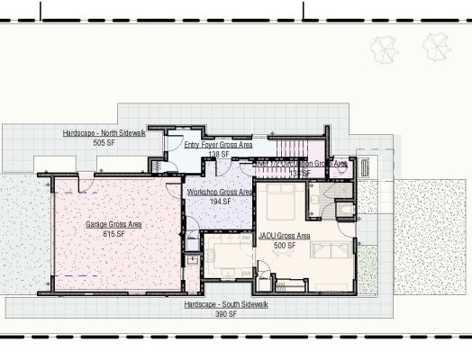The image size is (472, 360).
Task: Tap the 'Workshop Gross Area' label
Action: (x=219, y=193)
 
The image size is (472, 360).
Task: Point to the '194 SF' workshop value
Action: (x=220, y=202)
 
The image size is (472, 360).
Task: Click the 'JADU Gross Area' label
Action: (x=284, y=236)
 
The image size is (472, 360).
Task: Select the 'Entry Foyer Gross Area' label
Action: (x=218, y=144)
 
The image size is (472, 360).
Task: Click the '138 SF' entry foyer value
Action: (x=219, y=155)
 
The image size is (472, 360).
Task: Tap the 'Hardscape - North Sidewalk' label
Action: (x=105, y=133)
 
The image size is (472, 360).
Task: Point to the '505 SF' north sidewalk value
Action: (x=104, y=143)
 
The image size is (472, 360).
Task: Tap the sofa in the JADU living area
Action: (x=332, y=248)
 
